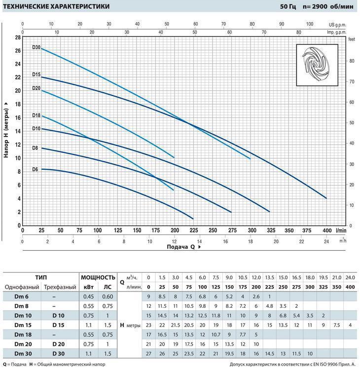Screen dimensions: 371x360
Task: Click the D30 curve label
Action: [36, 47]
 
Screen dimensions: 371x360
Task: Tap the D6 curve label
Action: [35, 169]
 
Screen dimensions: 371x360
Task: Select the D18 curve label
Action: [36, 115]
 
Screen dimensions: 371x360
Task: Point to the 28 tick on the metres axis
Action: [17, 37]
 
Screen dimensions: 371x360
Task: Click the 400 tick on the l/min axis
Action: [326, 230]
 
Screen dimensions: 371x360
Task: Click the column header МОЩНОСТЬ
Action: [98, 278]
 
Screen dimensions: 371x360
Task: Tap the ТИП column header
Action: [41, 278]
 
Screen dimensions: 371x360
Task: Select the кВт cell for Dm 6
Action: [89, 297]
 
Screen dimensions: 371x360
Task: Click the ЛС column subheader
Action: [107, 287]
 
